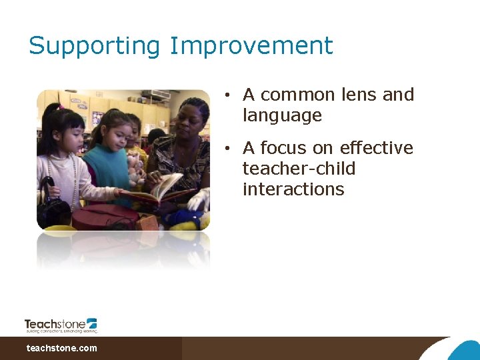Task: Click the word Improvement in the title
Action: point(251,47)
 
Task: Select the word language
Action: point(282,116)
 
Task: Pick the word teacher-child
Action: point(299,169)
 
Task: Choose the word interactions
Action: point(293,189)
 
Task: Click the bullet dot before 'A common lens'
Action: point(227,96)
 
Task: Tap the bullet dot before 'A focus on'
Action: point(227,149)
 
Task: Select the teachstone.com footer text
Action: point(61,348)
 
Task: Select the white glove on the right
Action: point(199,199)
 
